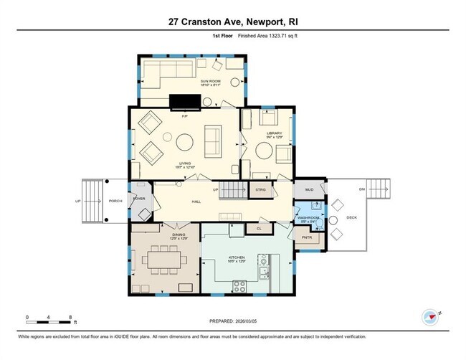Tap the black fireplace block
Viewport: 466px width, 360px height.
pyautogui.click(x=185, y=102)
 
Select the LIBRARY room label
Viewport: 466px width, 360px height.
pyautogui.click(x=275, y=134)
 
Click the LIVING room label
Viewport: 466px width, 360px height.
pyautogui.click(x=185, y=164)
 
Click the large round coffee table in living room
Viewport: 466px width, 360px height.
pyautogui.click(x=185, y=140)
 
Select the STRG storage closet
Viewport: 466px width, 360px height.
pyautogui.click(x=259, y=190)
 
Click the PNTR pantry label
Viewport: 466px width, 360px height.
pyautogui.click(x=308, y=237)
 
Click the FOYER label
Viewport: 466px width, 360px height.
pyautogui.click(x=139, y=199)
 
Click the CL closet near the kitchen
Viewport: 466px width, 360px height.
pyautogui.click(x=258, y=229)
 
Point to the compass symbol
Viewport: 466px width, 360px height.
pyautogui.click(x=429, y=316)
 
